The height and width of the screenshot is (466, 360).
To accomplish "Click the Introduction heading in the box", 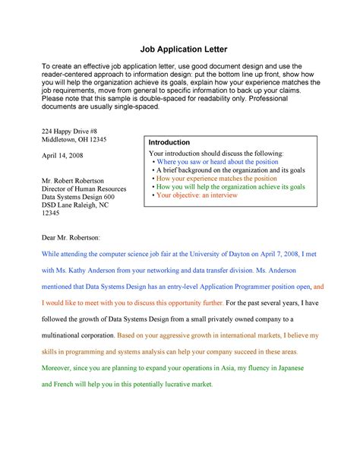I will coord(169,143).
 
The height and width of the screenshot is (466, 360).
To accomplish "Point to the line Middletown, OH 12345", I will coord(75,141).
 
